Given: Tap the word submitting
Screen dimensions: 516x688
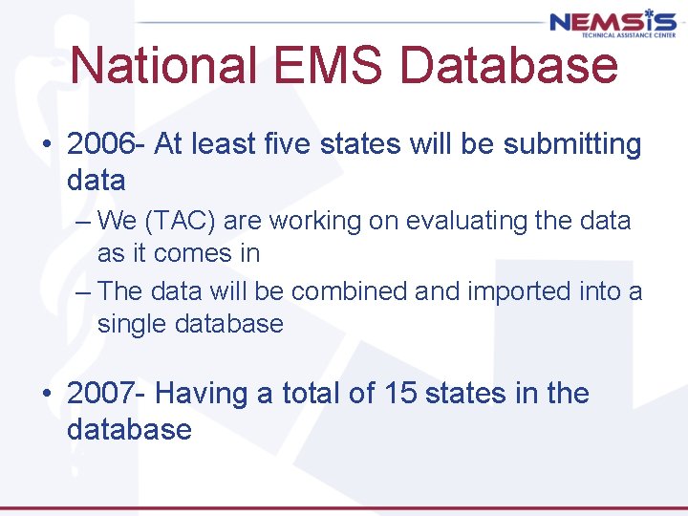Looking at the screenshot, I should pyautogui.click(x=572, y=144).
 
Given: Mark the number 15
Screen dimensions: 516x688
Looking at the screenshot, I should pyautogui.click(x=400, y=393).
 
